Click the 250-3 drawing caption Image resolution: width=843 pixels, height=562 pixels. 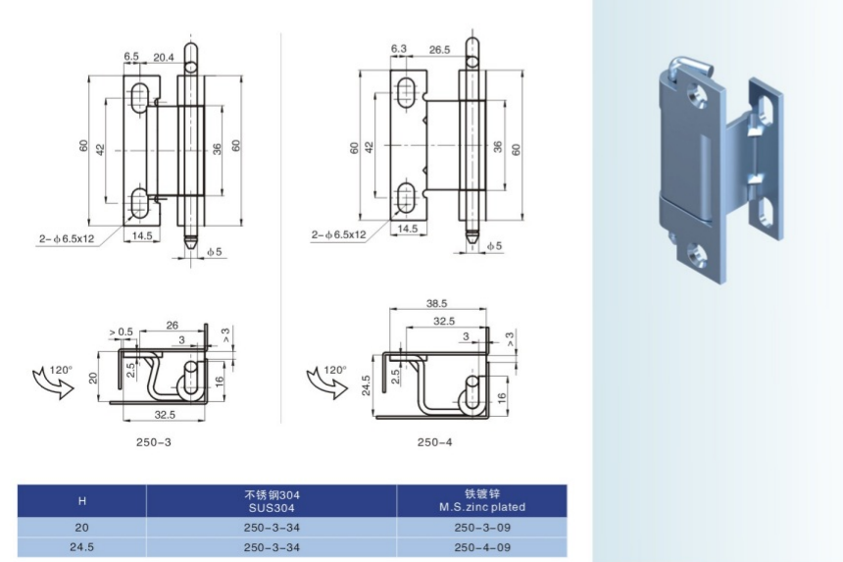(154, 442)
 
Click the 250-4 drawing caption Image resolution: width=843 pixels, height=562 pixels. (435, 442)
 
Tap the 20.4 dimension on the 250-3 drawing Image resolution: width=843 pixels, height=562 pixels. (164, 57)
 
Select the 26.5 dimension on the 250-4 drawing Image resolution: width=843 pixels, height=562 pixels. (439, 49)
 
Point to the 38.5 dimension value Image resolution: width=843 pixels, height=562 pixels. (436, 303)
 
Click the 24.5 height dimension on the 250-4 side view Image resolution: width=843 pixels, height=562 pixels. (367, 385)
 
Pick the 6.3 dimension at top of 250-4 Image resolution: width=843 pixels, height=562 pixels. (398, 48)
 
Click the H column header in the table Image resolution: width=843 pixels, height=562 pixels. (81, 501)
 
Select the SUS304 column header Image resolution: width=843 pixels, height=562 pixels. (272, 501)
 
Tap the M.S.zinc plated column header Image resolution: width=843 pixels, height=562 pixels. (481, 500)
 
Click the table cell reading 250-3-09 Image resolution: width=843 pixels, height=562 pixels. (482, 528)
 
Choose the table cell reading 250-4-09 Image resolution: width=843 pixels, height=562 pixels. (482, 547)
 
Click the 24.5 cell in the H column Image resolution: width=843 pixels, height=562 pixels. (81, 547)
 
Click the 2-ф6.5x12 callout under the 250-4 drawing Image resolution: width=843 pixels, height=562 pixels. (338, 234)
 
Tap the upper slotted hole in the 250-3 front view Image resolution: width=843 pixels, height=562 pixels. (140, 97)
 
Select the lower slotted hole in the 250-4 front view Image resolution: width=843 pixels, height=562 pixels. (406, 197)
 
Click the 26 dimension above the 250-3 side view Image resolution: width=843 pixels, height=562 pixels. (173, 325)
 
